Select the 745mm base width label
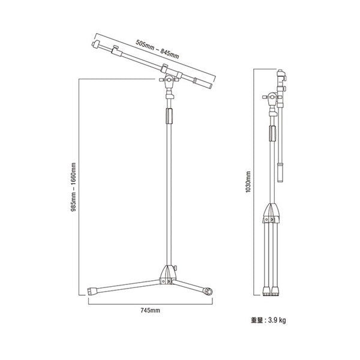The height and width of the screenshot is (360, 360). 150,311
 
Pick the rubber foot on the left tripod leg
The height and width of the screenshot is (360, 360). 93,291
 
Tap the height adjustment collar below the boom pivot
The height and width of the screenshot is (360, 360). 170,94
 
